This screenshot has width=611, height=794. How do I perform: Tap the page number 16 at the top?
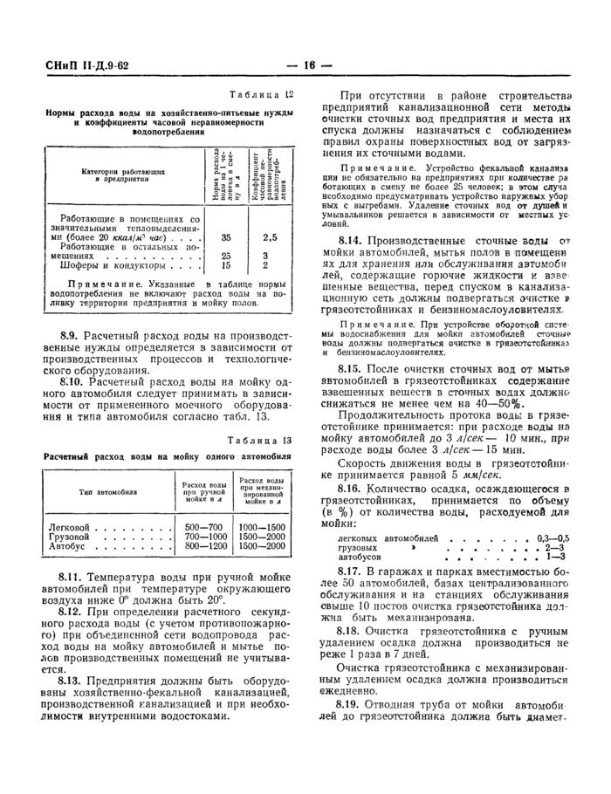pos(309,65)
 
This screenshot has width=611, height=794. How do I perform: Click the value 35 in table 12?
pos(226,237)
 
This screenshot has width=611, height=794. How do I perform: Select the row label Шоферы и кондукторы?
pos(107,266)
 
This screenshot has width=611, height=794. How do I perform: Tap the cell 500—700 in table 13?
pos(204,528)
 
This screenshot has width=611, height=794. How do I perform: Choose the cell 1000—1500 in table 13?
pos(263,528)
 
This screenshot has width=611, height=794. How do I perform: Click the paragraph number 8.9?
pos(71,334)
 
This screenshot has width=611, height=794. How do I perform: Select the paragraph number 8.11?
pos(72,578)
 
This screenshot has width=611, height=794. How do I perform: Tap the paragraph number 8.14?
pos(351,238)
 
